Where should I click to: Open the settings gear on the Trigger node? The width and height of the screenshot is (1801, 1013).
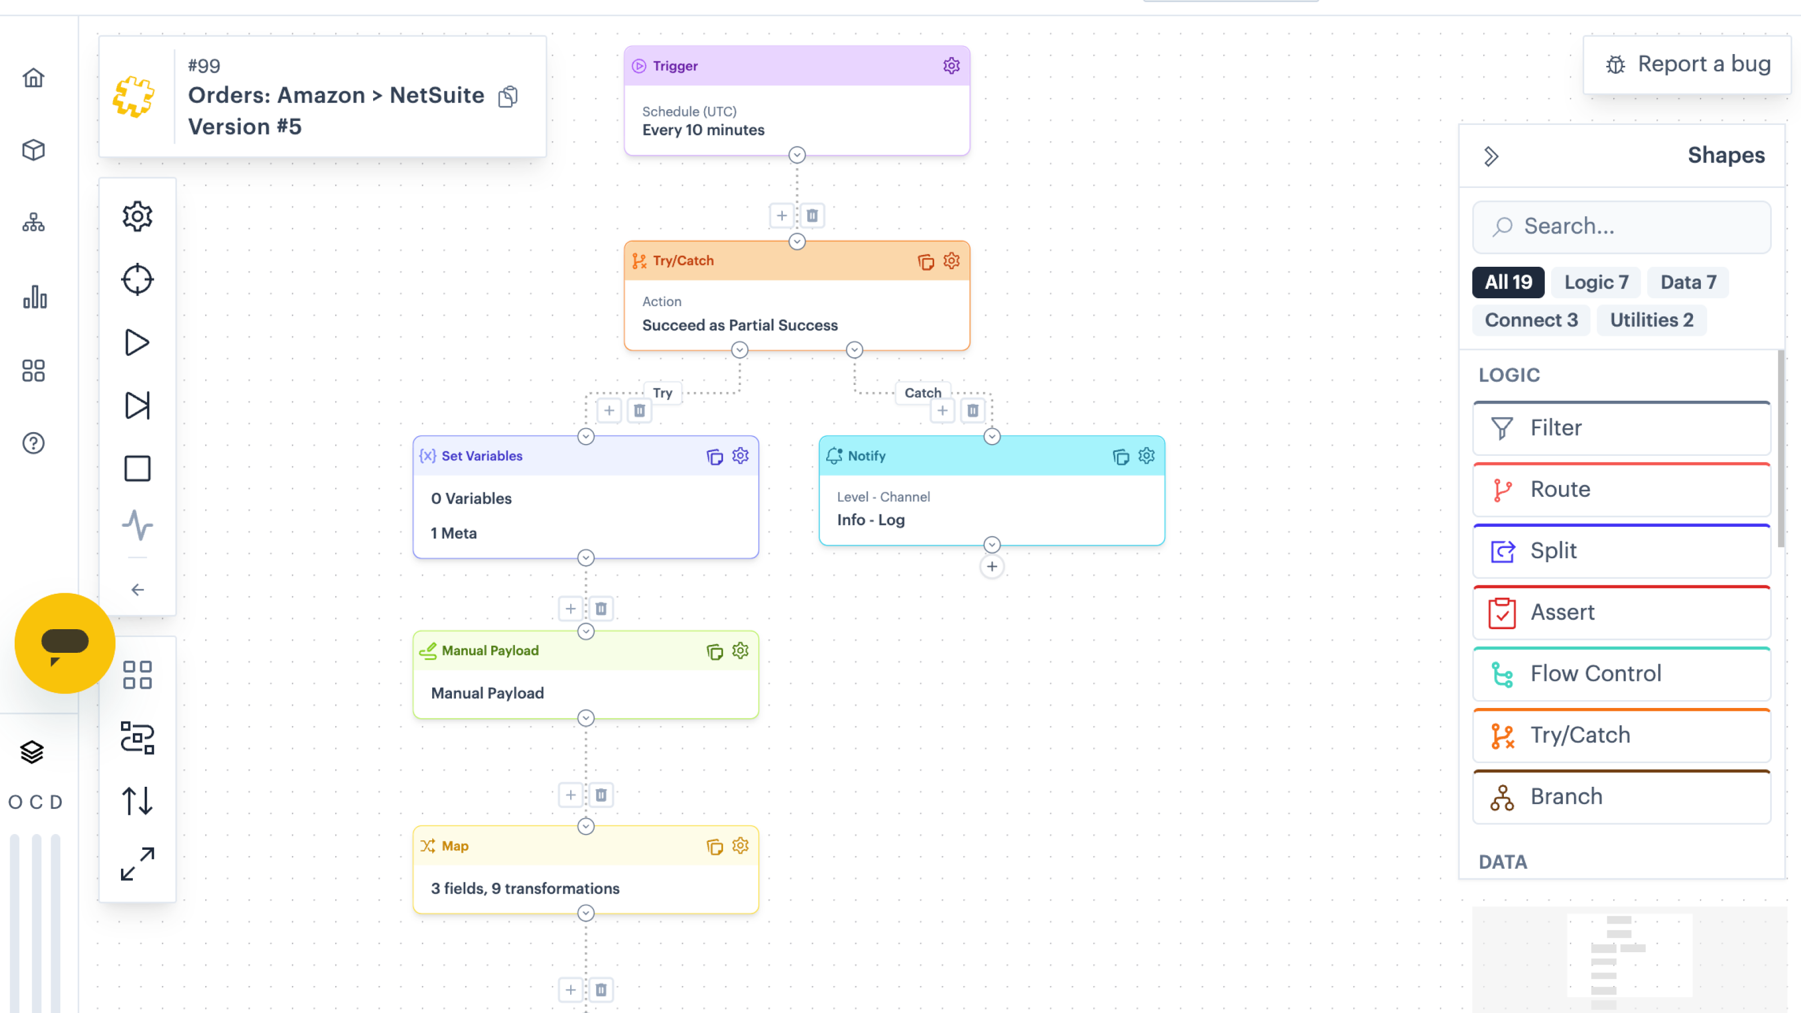click(x=951, y=66)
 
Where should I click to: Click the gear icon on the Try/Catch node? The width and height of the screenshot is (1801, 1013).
click(x=951, y=261)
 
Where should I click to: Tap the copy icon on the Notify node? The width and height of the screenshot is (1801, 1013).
click(x=1120, y=456)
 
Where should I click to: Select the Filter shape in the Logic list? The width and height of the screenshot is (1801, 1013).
click(x=1621, y=428)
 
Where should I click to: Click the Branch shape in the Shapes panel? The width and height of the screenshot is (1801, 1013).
click(x=1621, y=797)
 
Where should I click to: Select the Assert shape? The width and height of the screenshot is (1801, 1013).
click(x=1621, y=612)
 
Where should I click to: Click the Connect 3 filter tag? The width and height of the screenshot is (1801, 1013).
click(x=1531, y=320)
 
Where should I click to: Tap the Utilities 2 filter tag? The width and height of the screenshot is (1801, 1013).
click(x=1651, y=320)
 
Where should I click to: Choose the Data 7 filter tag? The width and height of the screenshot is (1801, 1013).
click(x=1688, y=283)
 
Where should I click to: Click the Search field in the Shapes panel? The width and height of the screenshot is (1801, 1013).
click(x=1621, y=226)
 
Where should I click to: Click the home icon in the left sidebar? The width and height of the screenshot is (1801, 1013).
click(x=34, y=78)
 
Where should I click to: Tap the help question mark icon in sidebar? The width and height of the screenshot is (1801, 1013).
click(x=34, y=443)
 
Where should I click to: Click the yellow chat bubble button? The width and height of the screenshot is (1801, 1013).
click(x=65, y=643)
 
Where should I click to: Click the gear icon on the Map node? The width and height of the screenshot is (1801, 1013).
click(x=740, y=846)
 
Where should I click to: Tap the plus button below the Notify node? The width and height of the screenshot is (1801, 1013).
click(x=991, y=567)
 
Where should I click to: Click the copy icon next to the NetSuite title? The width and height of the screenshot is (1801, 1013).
click(x=508, y=96)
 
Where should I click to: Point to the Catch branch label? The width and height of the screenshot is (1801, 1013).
click(x=922, y=393)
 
